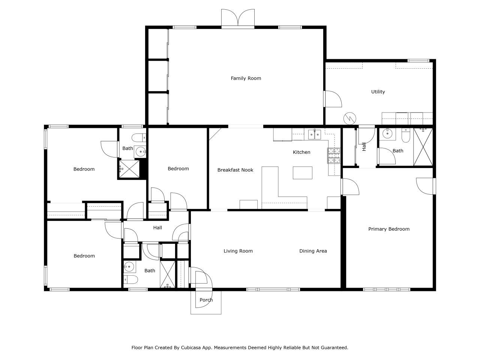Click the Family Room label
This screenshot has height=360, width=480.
(x=246, y=78)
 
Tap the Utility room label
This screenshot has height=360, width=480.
(x=378, y=92)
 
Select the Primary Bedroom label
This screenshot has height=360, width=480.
(x=388, y=229)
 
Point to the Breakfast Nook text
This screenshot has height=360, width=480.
(x=235, y=170)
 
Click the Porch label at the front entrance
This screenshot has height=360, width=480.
(x=206, y=300)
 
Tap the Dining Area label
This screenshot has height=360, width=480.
(x=313, y=251)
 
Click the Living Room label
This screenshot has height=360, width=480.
(x=238, y=251)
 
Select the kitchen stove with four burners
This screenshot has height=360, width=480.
(x=334, y=156)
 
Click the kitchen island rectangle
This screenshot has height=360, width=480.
(x=302, y=173)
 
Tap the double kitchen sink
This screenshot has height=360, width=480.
(x=314, y=134)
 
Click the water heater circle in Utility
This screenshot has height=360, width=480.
(x=349, y=118)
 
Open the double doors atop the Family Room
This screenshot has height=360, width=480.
(x=238, y=18)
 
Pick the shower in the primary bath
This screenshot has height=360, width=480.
(x=423, y=147)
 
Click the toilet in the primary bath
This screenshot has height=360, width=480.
(x=405, y=136)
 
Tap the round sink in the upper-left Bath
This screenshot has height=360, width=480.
(x=141, y=152)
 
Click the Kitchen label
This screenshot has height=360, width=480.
(x=301, y=152)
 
